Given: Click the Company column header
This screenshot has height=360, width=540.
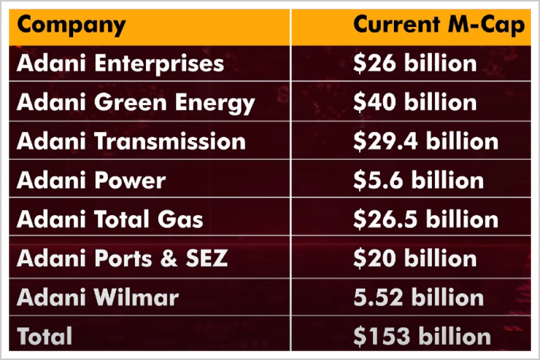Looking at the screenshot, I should tap(71, 25).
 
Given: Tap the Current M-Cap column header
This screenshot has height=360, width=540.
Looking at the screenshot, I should tap(439, 25).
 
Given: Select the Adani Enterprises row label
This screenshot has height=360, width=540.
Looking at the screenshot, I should tap(120, 63).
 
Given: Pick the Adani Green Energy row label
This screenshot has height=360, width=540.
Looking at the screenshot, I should tap(136, 103).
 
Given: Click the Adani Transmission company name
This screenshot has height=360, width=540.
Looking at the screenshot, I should tap(131, 141).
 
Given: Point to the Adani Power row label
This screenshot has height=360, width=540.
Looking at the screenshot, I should tap(91, 180).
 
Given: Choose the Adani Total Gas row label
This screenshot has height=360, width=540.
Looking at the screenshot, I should tap(109, 220).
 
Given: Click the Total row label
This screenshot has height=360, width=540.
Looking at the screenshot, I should tap(45, 336).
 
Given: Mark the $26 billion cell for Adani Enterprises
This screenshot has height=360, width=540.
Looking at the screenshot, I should tap(415, 63).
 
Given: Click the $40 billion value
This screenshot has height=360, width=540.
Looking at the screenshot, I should tap(415, 103).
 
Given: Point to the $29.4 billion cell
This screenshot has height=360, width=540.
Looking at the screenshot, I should tap(426, 141).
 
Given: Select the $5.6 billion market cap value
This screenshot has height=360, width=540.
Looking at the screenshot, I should tap(418, 180).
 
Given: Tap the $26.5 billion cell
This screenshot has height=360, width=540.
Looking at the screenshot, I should tap(426, 220).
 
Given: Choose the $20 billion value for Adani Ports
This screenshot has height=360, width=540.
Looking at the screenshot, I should tap(415, 258).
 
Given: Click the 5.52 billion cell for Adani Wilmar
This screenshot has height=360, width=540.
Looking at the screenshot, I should tap(418, 297).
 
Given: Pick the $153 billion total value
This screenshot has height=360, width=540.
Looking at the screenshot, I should tap(423, 336).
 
